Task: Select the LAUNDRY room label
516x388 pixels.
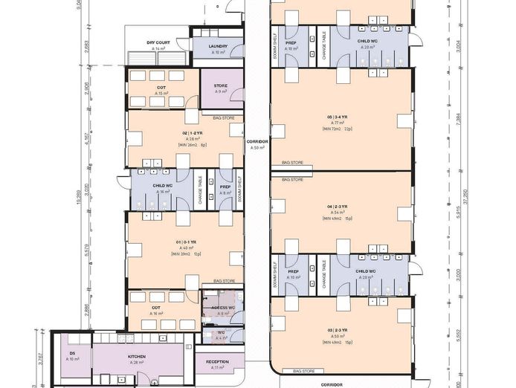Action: tap(219, 46)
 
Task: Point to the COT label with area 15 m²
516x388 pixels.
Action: tap(161, 88)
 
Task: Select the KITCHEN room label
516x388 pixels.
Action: tap(137, 357)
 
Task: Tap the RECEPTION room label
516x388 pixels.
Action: tap(217, 362)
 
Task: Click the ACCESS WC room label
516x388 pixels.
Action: tap(223, 308)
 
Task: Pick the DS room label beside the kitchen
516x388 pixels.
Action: tap(72, 354)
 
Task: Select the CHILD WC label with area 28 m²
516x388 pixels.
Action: tap(367, 42)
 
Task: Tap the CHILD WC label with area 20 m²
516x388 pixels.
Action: tap(367, 272)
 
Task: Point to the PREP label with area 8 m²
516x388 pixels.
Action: tap(225, 187)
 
